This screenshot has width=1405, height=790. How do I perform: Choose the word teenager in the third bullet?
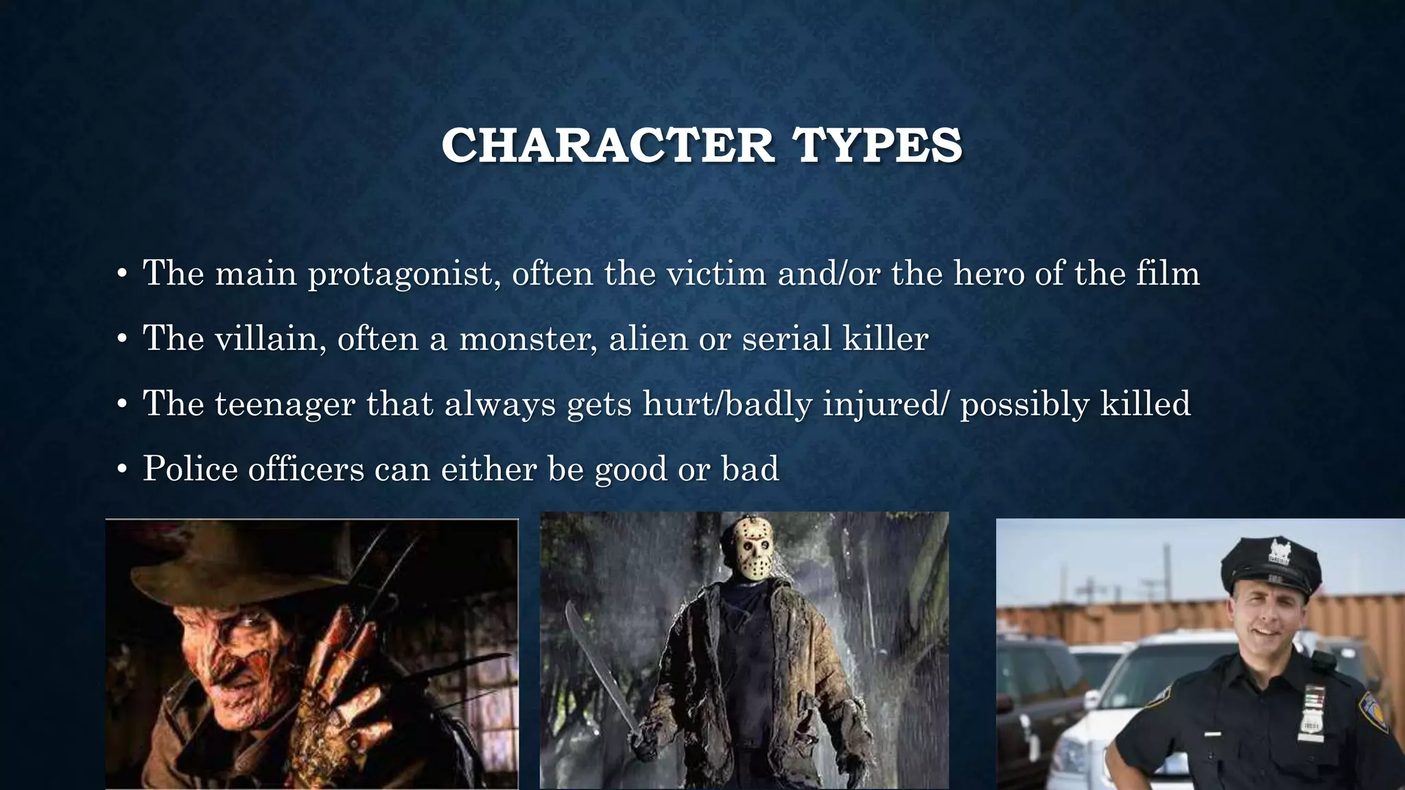pos(285,404)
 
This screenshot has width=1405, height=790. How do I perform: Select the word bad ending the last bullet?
pos(750,469)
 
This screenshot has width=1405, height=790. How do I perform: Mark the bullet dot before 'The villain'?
pos(122,339)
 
